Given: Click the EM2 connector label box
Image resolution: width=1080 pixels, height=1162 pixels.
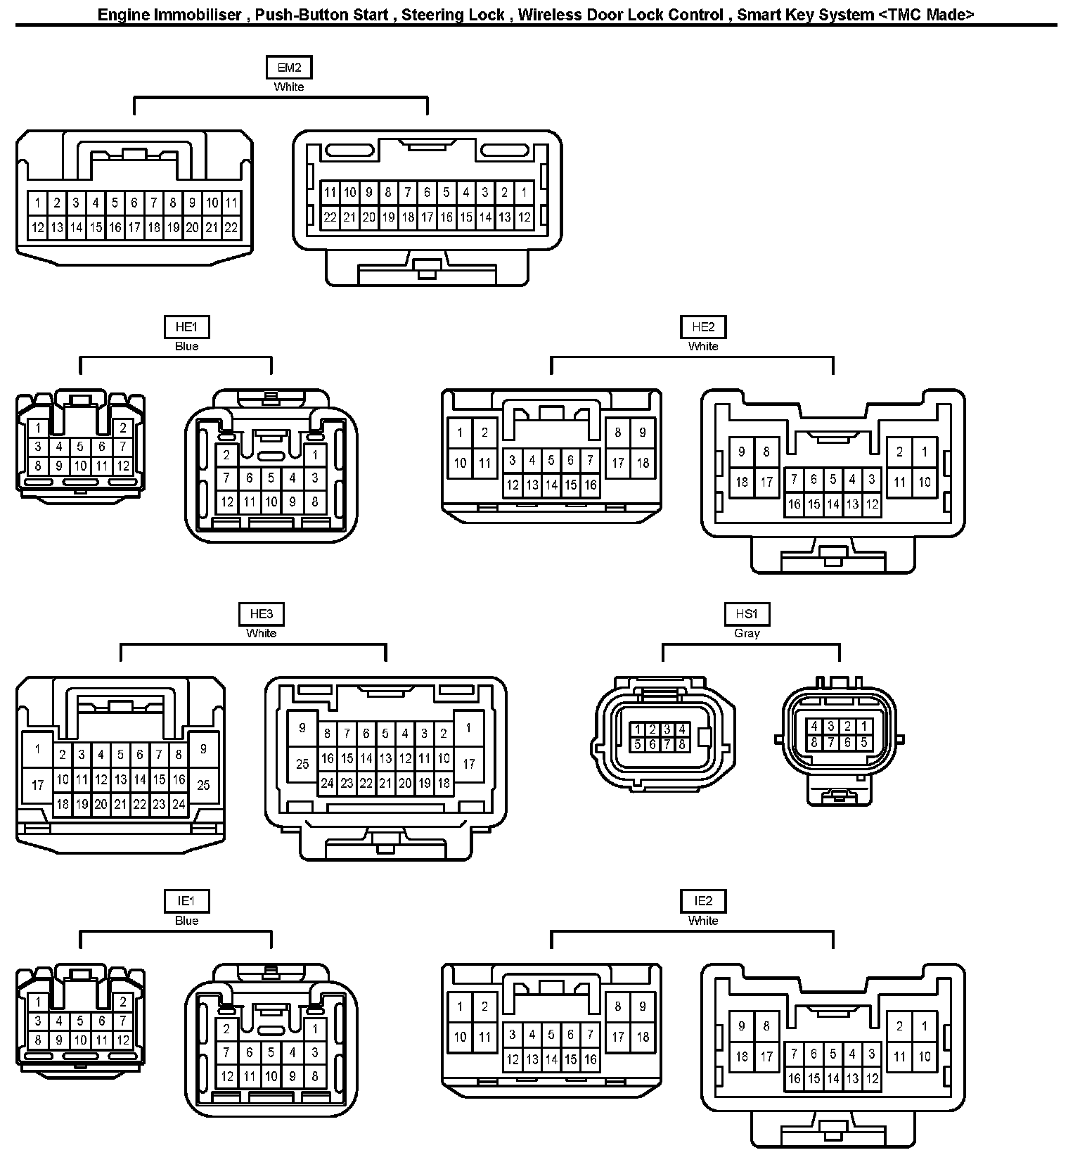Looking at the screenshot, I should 289,68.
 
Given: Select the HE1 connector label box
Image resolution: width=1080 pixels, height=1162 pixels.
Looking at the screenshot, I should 186,327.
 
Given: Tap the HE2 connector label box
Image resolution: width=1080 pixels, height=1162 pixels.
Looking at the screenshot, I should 703,327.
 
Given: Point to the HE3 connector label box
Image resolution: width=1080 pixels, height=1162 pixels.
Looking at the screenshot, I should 261,614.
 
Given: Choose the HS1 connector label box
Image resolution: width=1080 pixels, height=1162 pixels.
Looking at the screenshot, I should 747,614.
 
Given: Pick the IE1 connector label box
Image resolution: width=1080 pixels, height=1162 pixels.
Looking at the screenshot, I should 186,901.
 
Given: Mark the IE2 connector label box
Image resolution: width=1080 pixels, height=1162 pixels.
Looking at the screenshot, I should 703,901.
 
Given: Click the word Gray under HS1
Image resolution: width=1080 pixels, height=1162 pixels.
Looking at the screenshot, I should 747,633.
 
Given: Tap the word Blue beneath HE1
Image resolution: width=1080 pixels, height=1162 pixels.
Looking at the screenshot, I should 186,346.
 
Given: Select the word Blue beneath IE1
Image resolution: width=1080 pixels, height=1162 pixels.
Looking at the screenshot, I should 186,921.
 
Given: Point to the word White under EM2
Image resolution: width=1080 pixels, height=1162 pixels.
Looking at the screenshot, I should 289,87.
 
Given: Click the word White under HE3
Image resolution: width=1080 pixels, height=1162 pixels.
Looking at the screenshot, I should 261,633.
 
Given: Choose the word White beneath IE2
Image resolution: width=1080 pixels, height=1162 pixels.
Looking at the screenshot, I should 703,921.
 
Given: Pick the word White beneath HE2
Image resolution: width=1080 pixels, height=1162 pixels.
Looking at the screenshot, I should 703,346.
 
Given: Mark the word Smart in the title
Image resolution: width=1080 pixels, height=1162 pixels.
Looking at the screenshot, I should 756,15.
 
